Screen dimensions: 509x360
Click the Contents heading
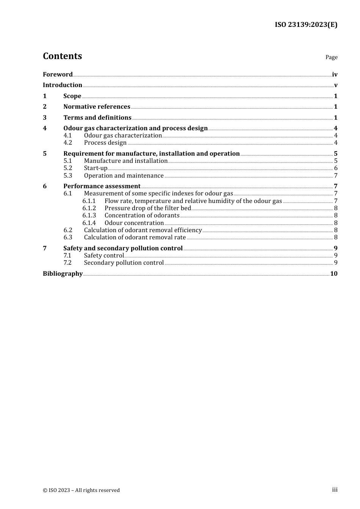click(x=62, y=56)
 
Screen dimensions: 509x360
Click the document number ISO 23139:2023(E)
click(x=306, y=25)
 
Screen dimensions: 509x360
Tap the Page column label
click(x=331, y=57)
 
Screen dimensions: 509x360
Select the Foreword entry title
click(x=58, y=75)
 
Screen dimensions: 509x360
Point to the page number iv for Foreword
click(x=335, y=75)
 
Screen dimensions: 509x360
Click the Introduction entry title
click(x=63, y=85)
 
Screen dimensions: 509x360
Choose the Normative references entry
click(x=97, y=107)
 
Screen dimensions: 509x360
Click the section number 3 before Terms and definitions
click(x=45, y=118)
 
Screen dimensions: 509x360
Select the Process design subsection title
click(x=105, y=143)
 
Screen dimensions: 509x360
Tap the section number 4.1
click(x=67, y=136)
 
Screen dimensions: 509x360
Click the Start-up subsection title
click(x=95, y=168)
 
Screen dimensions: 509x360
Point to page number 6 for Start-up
click(x=336, y=168)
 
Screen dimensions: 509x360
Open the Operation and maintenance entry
click(x=124, y=176)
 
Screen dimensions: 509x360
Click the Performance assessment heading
click(x=102, y=186)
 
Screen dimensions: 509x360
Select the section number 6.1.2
click(x=89, y=208)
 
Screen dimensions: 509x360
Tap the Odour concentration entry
click(x=134, y=223)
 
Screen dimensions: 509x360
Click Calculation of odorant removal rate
click(x=135, y=237)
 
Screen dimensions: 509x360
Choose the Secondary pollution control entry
click(x=124, y=263)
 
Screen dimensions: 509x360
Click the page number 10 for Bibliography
click(x=334, y=274)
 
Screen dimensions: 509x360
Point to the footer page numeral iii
click(x=335, y=490)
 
